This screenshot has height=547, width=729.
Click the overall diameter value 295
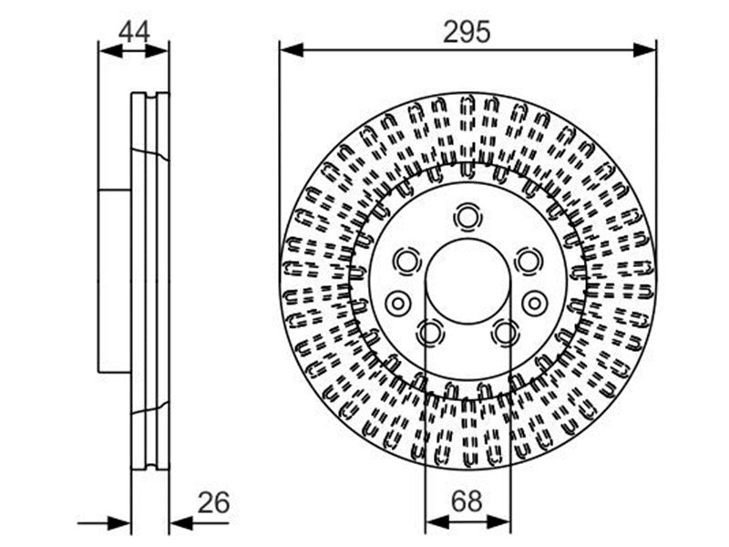[467, 32]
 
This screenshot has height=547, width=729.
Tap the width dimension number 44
[134, 33]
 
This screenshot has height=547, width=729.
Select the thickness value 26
[213, 502]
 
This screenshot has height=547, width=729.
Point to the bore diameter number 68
[467, 502]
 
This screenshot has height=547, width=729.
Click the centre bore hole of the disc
[467, 281]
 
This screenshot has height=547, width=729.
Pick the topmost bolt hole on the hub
[467, 217]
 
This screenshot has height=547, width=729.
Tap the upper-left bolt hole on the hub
[406, 261]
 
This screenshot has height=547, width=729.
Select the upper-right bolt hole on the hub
[529, 261]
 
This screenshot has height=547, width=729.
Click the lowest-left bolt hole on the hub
[429, 333]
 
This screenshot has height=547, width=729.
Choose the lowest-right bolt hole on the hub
[506, 333]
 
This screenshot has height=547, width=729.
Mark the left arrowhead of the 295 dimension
[292, 49]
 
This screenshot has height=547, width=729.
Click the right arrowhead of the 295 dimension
[644, 49]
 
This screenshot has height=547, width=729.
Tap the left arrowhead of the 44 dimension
[110, 50]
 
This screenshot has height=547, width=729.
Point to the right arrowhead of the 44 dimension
[157, 50]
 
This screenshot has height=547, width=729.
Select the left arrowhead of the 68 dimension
[437, 522]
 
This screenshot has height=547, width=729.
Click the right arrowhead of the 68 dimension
[498, 522]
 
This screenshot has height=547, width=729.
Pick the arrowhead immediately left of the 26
[181, 522]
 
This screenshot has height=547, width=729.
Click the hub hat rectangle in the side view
[115, 281]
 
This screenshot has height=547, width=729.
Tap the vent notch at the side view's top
[150, 97]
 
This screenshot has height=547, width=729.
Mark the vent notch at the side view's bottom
[150, 466]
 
